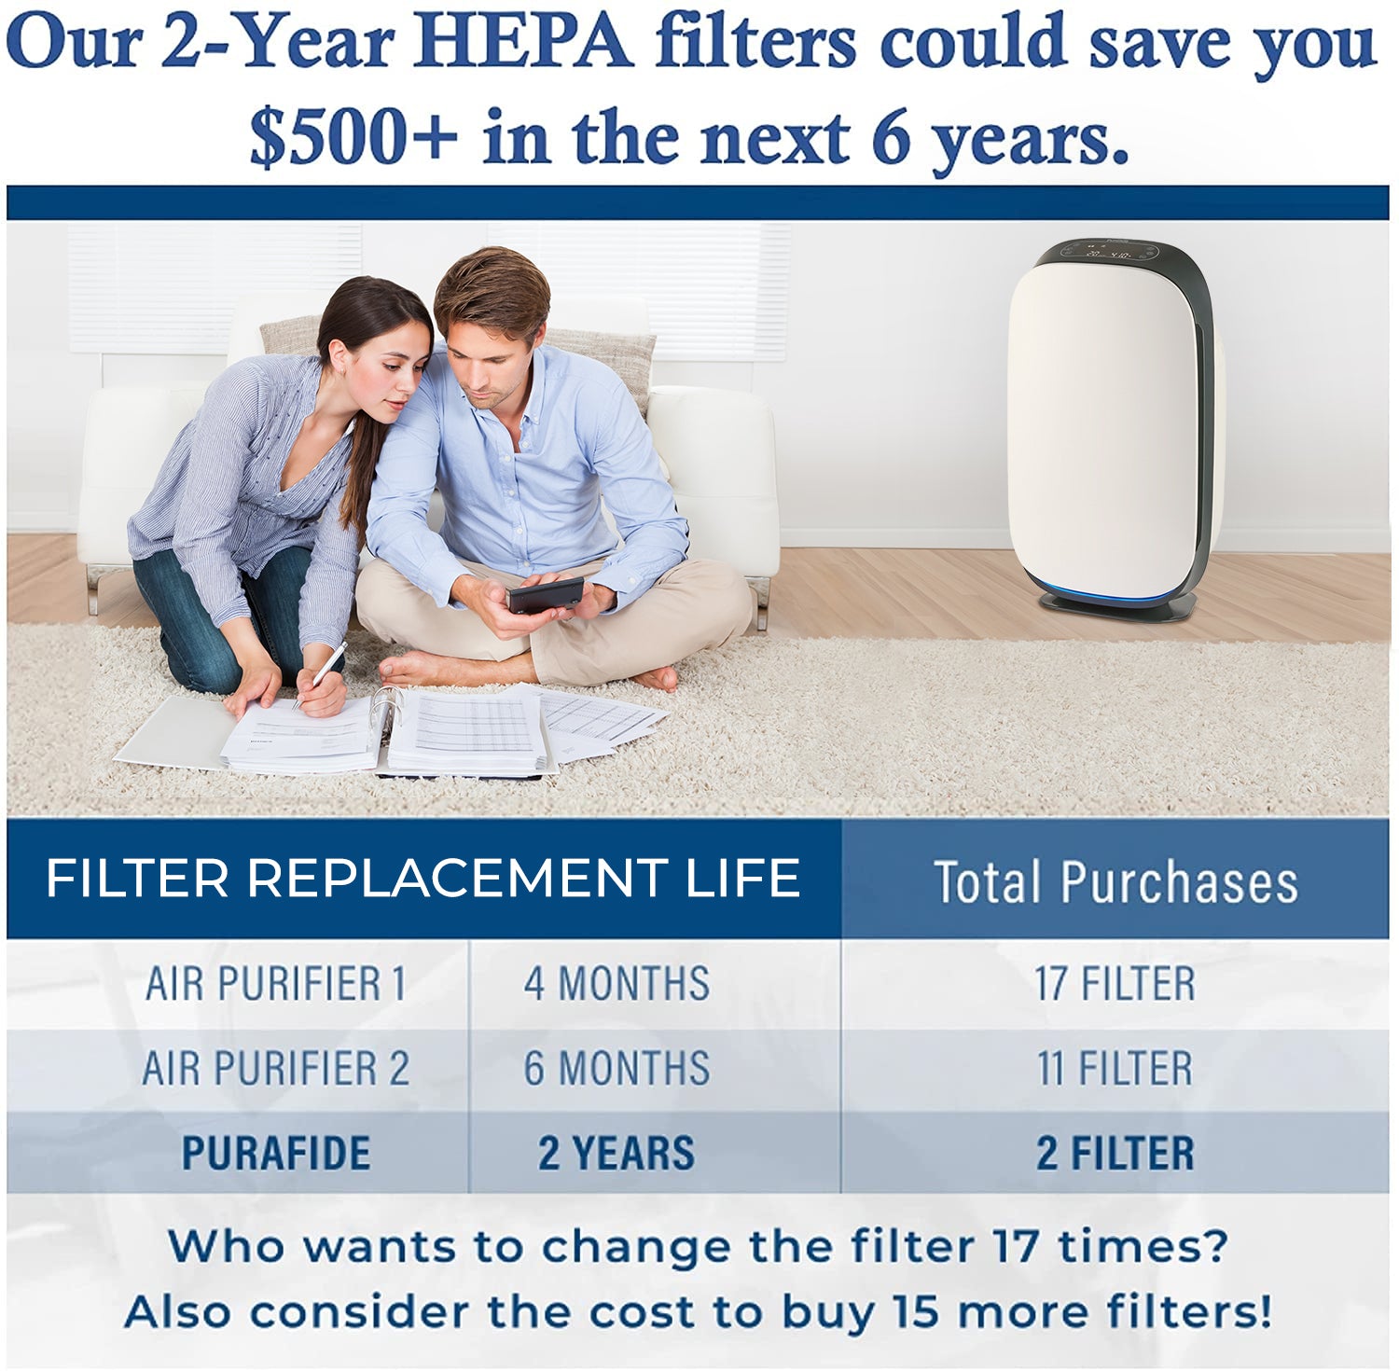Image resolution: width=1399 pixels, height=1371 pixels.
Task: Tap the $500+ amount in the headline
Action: [x=353, y=137]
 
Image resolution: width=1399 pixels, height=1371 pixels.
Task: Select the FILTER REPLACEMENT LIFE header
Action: [x=422, y=878]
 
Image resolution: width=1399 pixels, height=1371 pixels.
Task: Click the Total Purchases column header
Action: [x=1115, y=882]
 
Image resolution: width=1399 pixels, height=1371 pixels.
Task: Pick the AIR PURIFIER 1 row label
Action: [x=276, y=984]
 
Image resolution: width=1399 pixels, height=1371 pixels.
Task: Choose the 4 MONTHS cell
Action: [x=616, y=984]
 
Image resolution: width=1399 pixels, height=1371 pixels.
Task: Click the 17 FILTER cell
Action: [x=1115, y=984]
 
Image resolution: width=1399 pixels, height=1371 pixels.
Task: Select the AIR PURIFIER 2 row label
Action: [x=276, y=1068]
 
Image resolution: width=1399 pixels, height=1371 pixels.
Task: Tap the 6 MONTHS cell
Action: [x=616, y=1068]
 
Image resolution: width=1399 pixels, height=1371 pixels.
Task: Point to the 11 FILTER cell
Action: [x=1115, y=1068]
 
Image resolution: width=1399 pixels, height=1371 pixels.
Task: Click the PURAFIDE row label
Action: [x=276, y=1153]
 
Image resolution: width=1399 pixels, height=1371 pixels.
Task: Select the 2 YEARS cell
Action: [x=616, y=1153]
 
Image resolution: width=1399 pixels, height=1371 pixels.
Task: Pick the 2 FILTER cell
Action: [x=1115, y=1153]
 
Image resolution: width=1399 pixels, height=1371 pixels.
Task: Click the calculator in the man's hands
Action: [x=546, y=595]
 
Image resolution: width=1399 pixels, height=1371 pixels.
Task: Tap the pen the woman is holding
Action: [x=319, y=674]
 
